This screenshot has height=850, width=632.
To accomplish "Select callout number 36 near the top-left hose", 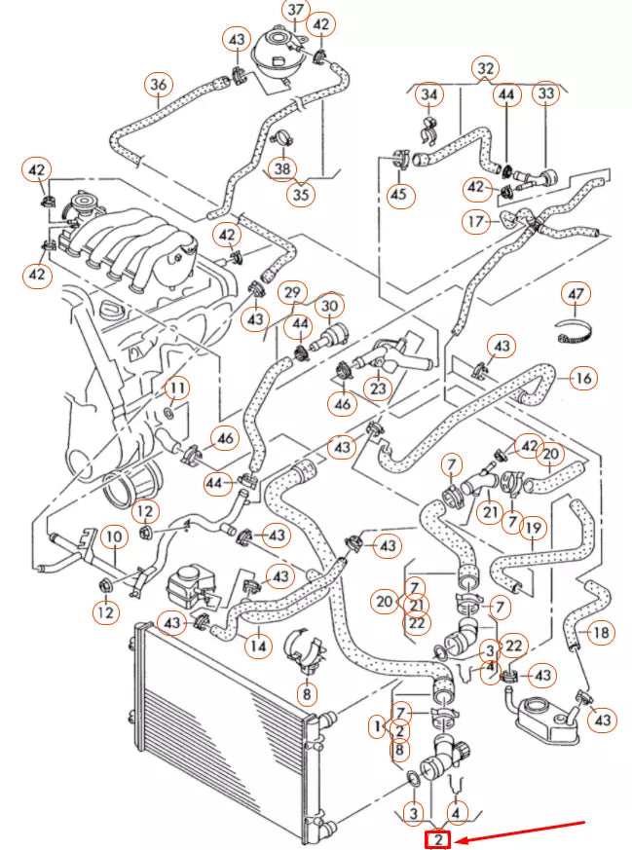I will point(158,86).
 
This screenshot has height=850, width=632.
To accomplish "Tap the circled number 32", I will point(484,68).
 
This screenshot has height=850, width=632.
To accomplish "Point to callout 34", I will point(428,94).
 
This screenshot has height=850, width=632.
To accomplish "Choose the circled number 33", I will point(545,93).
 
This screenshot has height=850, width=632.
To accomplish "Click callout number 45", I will point(398,195).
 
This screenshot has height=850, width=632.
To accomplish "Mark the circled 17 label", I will point(475,222).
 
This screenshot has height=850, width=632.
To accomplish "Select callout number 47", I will point(576,293).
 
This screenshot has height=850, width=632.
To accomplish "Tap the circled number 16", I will point(582,378).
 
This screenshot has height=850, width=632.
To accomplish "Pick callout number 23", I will point(377,388).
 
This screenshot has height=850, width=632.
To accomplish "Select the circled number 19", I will point(533,529).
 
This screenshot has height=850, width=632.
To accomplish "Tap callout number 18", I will point(601,633).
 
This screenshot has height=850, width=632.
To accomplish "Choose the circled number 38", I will point(282,167).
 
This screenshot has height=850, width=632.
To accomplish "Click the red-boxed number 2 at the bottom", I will point(439,839).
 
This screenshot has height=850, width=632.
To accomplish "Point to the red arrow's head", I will point(461,839).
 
